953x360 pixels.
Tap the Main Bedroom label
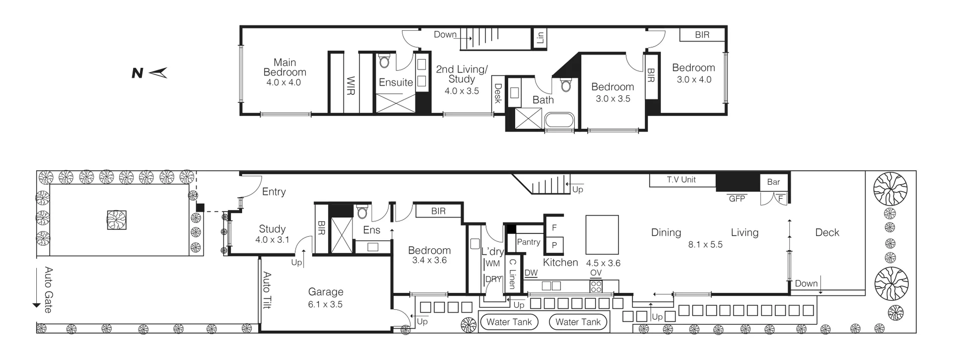click(284, 68)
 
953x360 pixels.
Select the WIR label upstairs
click(350, 86)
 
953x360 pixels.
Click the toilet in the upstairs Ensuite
click(383, 62)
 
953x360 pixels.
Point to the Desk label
click(498, 93)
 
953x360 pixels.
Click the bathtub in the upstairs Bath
click(559, 121)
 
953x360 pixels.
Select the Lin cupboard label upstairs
click(541, 37)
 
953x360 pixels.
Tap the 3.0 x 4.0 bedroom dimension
click(694, 79)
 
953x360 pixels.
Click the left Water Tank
click(509, 322)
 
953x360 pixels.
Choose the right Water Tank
click(578, 322)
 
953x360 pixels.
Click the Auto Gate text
click(49, 289)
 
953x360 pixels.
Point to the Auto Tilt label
click(267, 290)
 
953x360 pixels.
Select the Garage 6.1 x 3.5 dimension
click(325, 304)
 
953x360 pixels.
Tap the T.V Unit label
click(681, 180)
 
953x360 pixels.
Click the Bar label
click(773, 182)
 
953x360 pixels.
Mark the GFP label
click(737, 199)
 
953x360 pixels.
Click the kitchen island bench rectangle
click(602, 234)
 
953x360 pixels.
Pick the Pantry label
click(528, 242)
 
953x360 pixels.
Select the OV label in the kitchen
click(596, 273)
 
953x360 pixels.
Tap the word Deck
click(827, 232)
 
